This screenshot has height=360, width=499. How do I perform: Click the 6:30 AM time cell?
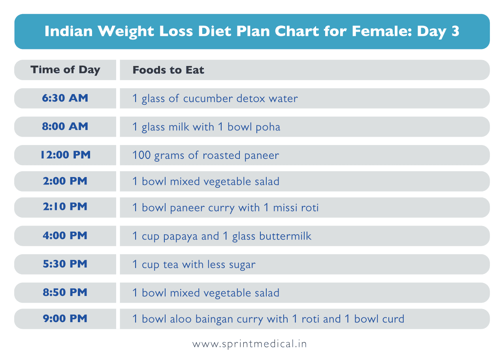(x=65, y=98)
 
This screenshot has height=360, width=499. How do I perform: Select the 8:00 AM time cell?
(x=65, y=127)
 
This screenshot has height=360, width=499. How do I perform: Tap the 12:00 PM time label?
(x=65, y=155)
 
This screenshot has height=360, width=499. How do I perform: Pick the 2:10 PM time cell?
(x=65, y=207)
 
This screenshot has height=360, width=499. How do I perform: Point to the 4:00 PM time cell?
(x=65, y=236)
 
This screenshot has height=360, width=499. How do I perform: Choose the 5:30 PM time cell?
(x=65, y=264)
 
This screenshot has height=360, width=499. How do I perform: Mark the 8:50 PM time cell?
(x=65, y=293)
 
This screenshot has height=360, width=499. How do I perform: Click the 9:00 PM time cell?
(x=65, y=319)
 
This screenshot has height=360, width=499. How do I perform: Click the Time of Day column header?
(x=65, y=70)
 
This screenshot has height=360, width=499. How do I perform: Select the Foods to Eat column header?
(x=168, y=70)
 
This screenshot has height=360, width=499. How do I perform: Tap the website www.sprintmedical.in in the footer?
(x=249, y=344)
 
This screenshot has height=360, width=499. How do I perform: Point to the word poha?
(x=268, y=127)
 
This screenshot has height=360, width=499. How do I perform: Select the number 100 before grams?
(x=141, y=155)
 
